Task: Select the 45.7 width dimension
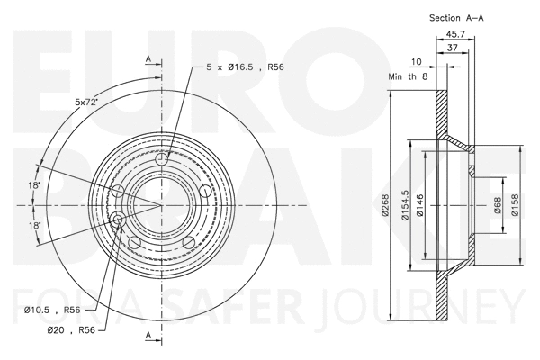click(455, 35)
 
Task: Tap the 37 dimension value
click(453, 49)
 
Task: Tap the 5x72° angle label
click(86, 102)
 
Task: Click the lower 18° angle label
click(33, 225)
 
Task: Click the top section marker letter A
click(148, 59)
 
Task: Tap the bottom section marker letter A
click(148, 336)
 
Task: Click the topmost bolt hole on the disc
click(162, 160)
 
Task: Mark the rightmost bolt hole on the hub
click(204, 192)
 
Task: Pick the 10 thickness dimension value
click(416, 62)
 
